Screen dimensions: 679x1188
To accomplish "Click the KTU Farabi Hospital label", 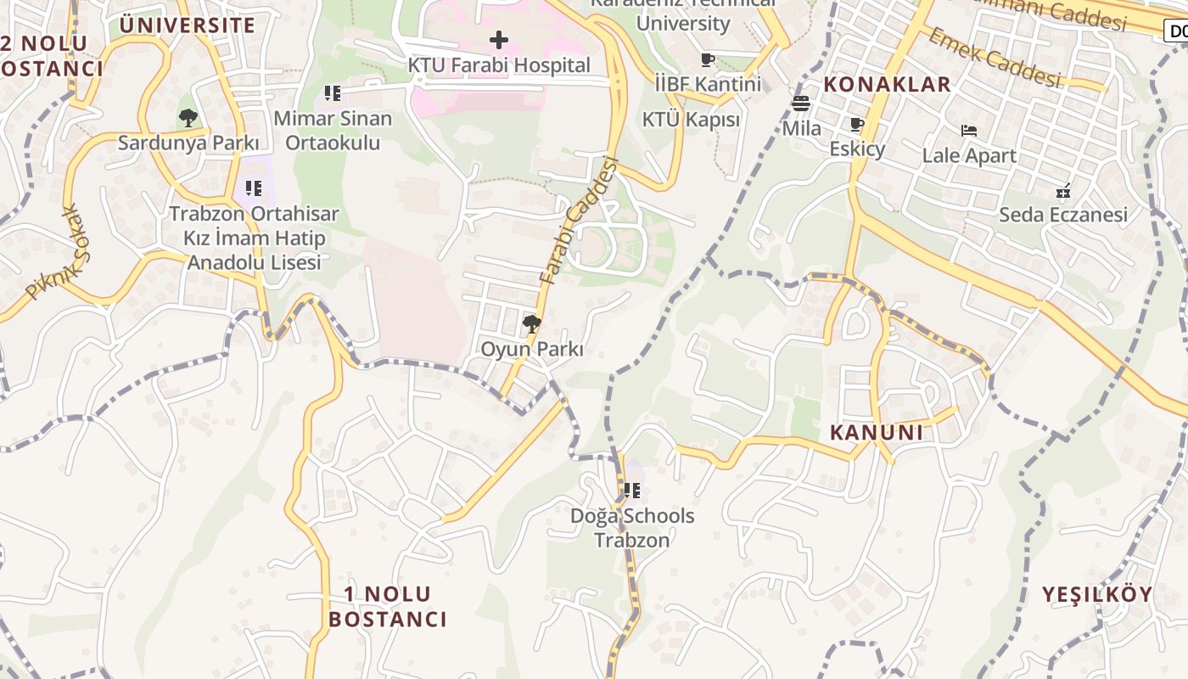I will click(x=499, y=65).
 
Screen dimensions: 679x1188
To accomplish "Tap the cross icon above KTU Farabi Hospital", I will click(x=499, y=39).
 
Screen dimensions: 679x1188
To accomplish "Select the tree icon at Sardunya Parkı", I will click(x=188, y=118).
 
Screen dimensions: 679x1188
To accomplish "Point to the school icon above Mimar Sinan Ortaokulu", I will click(x=333, y=93).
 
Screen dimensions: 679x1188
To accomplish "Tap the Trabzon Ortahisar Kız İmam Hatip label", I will click(x=254, y=238).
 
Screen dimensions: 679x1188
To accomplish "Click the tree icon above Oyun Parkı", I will click(x=532, y=323).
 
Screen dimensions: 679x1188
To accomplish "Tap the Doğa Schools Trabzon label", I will click(x=632, y=528).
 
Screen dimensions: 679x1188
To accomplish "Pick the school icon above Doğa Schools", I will click(x=632, y=490).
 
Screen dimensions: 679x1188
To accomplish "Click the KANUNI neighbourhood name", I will click(x=877, y=432).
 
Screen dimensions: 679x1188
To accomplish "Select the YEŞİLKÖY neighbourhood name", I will click(x=1098, y=594).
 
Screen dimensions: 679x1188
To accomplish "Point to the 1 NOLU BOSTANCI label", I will click(x=388, y=606).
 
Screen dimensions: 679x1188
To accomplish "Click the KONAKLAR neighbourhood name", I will click(x=888, y=84).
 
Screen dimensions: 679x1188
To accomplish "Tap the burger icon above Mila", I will click(x=801, y=104).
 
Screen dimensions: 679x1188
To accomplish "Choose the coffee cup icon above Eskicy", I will click(x=857, y=125).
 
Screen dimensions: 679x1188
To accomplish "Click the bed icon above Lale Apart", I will click(x=969, y=131).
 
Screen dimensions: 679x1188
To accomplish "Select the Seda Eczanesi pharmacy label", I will click(x=1063, y=214).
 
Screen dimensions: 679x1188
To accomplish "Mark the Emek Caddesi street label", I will click(x=995, y=57).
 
